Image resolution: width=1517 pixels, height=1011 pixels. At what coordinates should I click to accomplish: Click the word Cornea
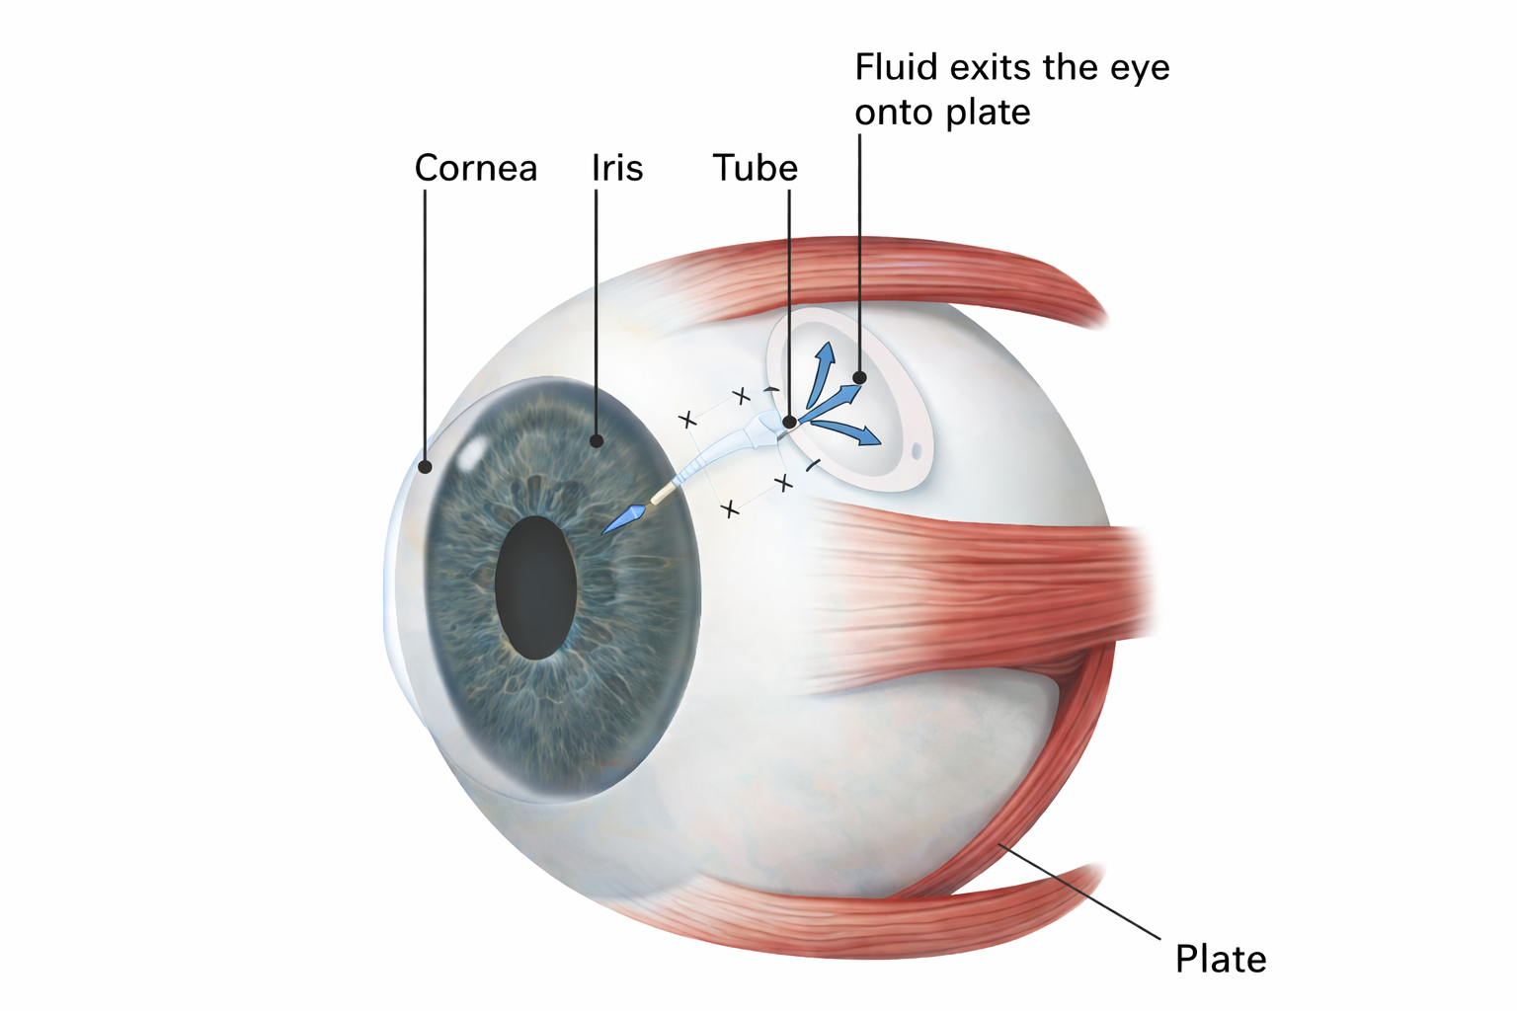[475, 168]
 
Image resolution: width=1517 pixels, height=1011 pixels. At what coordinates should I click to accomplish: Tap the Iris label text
[617, 168]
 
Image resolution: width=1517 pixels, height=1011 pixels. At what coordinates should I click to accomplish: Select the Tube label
[755, 168]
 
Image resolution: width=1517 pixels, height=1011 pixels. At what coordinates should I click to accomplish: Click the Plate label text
[1220, 960]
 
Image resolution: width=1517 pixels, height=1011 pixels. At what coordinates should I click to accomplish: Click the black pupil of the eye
[535, 587]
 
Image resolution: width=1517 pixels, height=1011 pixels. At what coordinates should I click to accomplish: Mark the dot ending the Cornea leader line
[425, 467]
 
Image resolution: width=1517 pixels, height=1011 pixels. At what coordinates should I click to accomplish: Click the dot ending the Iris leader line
[597, 441]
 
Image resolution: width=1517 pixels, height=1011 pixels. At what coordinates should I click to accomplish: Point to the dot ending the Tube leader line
[789, 423]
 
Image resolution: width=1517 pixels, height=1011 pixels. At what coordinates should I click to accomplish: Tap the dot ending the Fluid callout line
[859, 377]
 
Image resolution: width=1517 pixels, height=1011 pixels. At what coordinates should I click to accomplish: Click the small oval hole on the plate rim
[917, 451]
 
